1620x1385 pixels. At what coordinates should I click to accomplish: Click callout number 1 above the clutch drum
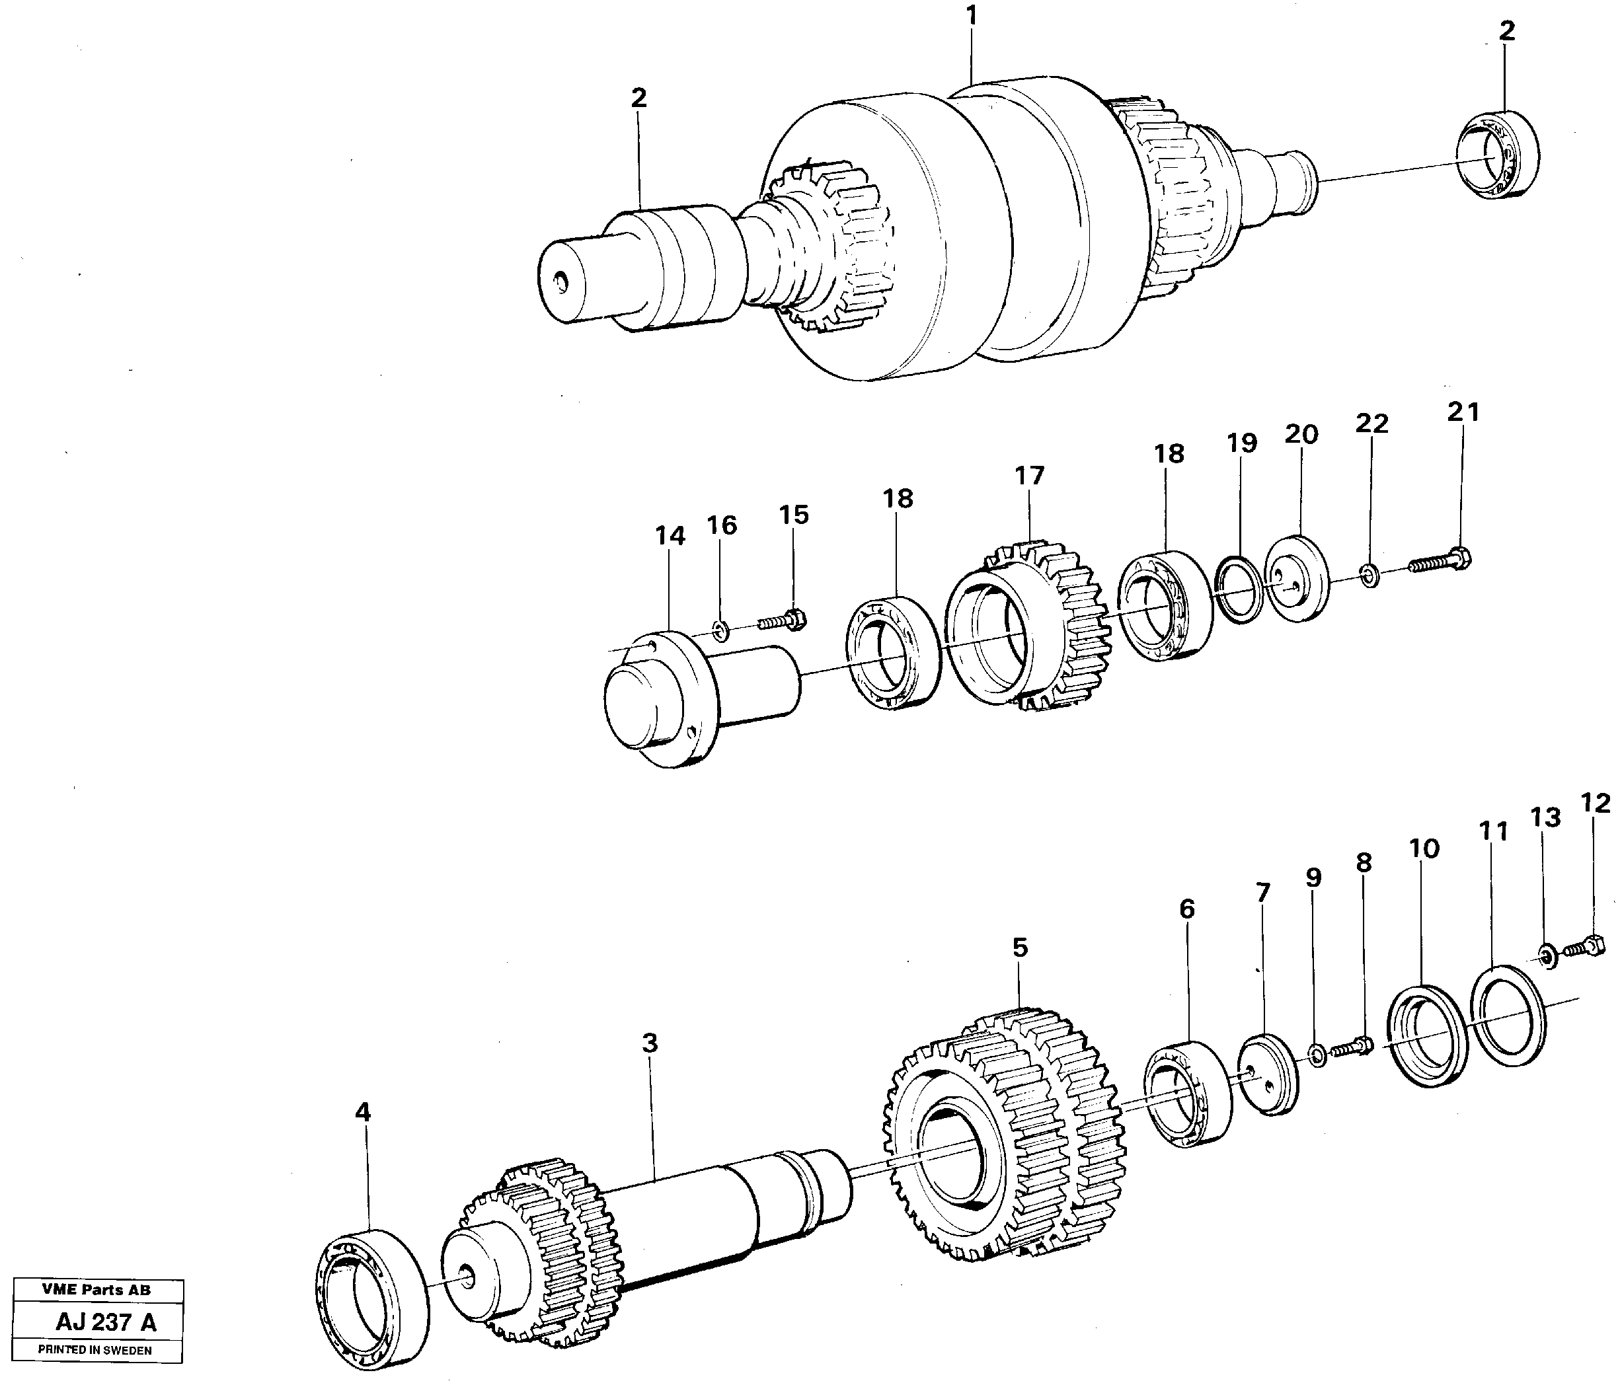point(972,17)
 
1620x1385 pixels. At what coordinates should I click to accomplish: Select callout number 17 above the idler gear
point(1030,475)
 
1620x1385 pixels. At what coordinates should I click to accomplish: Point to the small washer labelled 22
point(1369,578)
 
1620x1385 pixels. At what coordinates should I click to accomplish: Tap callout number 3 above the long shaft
point(650,1043)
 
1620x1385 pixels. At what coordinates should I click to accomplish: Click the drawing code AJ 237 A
point(106,1322)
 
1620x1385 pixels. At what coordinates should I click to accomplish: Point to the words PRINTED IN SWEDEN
point(95,1350)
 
